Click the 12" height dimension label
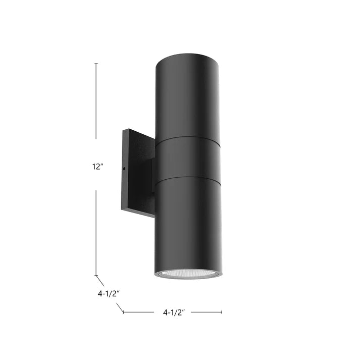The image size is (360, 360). pos(98,167)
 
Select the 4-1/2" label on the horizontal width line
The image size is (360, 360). pos(174,313)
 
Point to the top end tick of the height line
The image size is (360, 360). pos(96,64)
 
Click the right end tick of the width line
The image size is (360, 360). pos(221,312)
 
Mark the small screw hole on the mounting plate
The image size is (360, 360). pos(124,168)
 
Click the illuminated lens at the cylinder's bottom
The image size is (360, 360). pos(188,274)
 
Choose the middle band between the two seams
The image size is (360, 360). pos(187,159)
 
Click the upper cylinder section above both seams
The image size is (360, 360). pos(187,96)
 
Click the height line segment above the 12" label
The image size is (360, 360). pos(96,101)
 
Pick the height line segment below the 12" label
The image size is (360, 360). pos(96,232)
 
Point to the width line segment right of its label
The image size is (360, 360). pos(206,312)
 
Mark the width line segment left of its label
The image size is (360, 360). pos(139,312)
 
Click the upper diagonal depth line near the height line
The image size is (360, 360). pos(100,280)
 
